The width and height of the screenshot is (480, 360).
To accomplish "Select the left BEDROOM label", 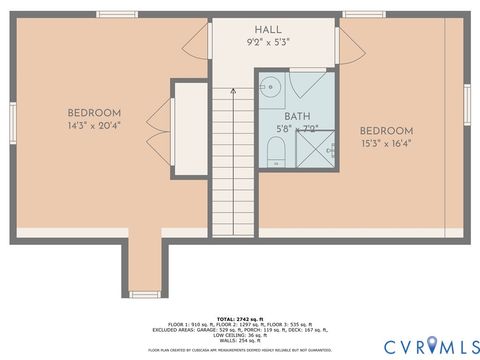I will [x=95, y=112].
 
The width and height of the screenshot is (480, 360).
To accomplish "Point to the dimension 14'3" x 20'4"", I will [x=95, y=126].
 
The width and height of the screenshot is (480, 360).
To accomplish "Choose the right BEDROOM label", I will [x=387, y=131].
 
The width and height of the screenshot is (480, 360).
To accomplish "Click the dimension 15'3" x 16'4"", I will [x=387, y=144].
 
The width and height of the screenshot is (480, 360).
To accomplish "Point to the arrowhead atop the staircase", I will [x=232, y=89].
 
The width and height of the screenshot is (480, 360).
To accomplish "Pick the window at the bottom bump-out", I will [x=145, y=294].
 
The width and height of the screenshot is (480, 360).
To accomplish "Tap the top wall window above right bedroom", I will [x=363, y=14].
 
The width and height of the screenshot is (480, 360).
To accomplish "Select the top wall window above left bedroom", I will [x=117, y=14].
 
